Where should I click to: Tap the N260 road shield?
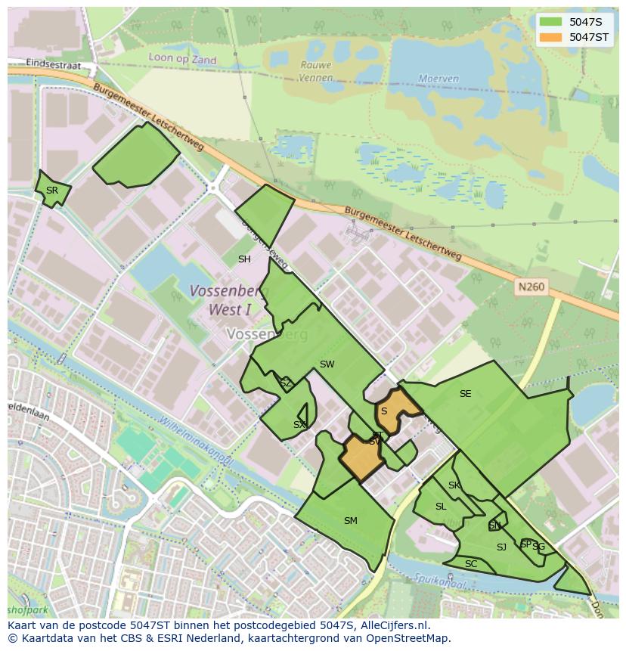coord(531,287)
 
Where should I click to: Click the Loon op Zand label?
coord(182,60)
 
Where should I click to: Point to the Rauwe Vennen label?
coord(315,71)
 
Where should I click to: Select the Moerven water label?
coord(439,79)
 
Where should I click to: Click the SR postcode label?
coord(51,191)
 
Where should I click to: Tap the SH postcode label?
coord(244,259)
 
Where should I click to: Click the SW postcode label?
coord(327,364)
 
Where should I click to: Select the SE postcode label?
coord(465,394)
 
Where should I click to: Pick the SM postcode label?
coord(350,521)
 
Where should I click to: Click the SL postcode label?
coord(441,507)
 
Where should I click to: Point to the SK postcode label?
coord(454,486)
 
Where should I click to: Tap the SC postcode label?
coord(471,565)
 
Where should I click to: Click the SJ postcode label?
coord(501,547)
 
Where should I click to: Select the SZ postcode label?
coord(286,384)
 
